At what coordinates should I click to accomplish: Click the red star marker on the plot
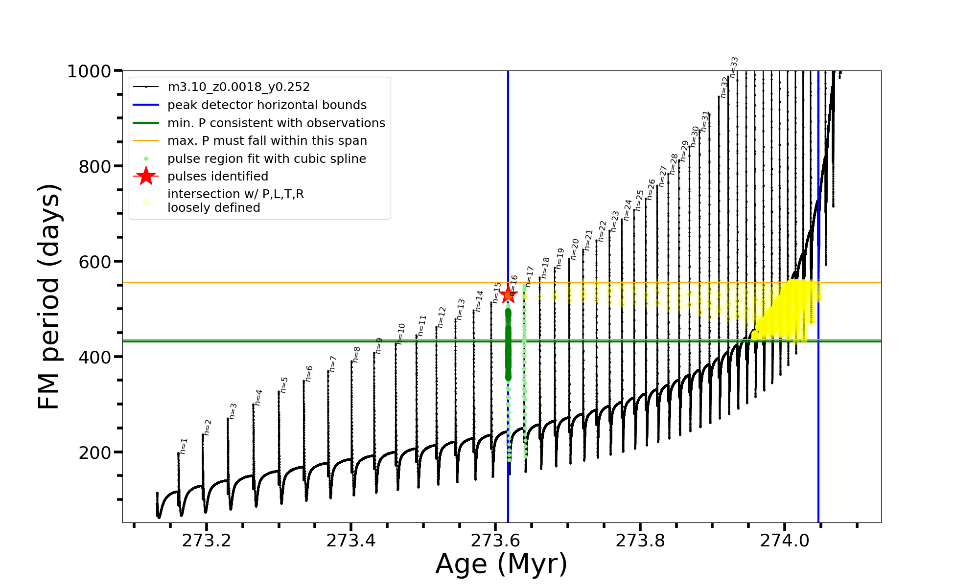[x=508, y=294]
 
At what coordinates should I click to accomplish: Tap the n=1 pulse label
[x=184, y=446]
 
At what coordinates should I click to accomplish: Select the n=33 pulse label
[x=734, y=67]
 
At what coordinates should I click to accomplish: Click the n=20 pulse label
[x=575, y=247]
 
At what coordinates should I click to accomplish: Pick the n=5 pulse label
[x=284, y=385]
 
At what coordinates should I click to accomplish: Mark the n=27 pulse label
[x=663, y=176]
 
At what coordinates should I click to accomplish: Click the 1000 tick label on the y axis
[x=89, y=71]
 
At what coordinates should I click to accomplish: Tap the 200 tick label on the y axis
[x=95, y=452]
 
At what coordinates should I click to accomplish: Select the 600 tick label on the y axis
[x=95, y=262]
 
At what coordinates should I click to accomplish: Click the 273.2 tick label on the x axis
[x=207, y=541]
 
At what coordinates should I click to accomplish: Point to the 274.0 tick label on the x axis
[x=785, y=541]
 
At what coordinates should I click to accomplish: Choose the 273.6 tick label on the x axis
[x=495, y=541]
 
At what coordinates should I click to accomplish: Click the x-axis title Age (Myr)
[x=501, y=564]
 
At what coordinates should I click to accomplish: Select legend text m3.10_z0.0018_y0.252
[x=238, y=87]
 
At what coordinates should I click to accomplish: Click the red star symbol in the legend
[x=146, y=176]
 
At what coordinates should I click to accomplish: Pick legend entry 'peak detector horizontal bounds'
[x=267, y=105]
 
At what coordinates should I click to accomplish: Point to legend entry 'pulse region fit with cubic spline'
[x=266, y=159]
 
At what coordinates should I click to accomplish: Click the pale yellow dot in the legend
[x=146, y=202]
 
